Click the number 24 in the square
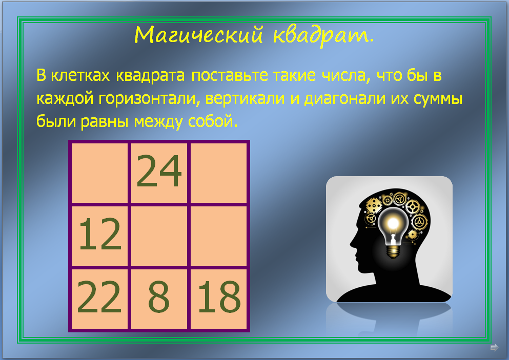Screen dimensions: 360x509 pos(159,172)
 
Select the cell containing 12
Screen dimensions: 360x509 pos(100,235)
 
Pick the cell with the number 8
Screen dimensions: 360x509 pos(159,298)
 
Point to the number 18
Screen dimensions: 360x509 pos(219,298)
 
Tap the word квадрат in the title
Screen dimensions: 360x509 pos(322,35)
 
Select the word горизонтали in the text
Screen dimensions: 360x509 pos(147,98)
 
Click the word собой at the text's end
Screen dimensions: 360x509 pos(215,121)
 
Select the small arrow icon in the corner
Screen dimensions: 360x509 pos(494,348)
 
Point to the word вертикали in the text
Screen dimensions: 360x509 pos(243,98)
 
